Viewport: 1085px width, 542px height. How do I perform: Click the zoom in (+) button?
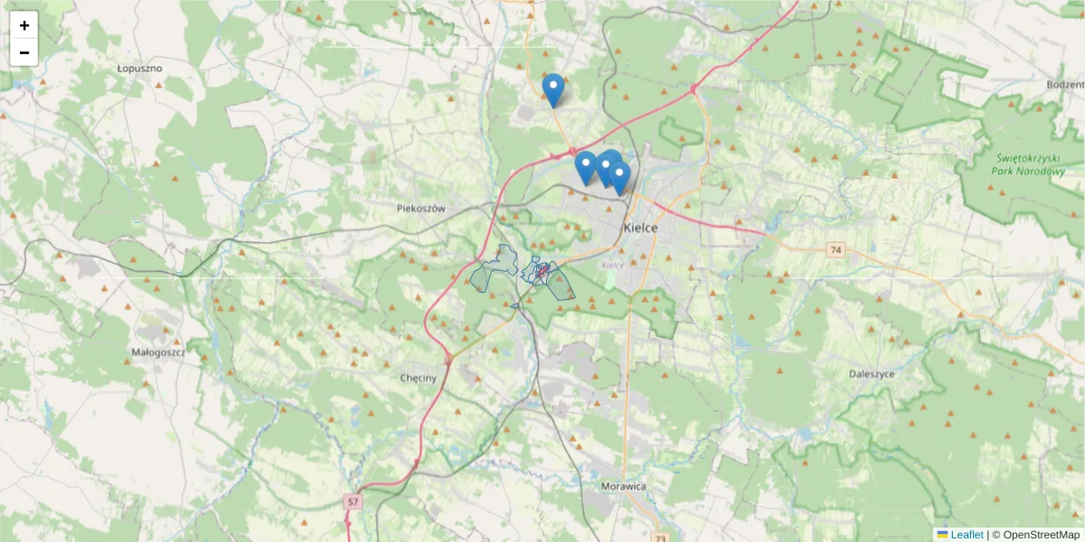click(24, 25)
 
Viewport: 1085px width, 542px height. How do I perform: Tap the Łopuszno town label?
click(139, 68)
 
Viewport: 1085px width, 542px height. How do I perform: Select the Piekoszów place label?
click(421, 208)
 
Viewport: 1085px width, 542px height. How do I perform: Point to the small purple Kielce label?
click(612, 265)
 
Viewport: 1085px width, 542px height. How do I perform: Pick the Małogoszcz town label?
click(158, 353)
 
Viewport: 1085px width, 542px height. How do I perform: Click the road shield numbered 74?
click(835, 249)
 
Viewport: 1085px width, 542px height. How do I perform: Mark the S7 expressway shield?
click(353, 500)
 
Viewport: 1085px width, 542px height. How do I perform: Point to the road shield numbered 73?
click(660, 537)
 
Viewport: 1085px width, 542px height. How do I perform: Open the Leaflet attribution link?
click(966, 535)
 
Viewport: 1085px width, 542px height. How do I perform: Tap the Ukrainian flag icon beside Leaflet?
click(942, 535)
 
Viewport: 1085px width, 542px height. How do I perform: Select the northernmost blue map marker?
click(553, 89)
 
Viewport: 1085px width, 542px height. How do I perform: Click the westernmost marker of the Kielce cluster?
click(586, 167)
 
